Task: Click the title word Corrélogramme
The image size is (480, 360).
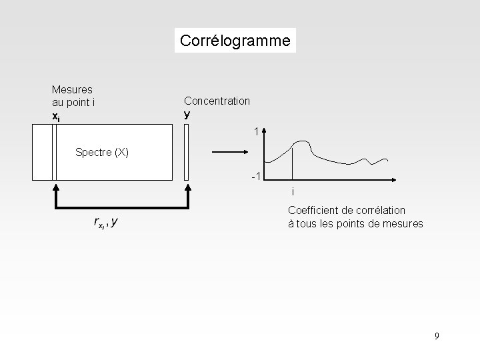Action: [235, 41]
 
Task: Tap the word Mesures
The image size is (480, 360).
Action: [72, 89]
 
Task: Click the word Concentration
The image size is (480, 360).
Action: [217, 101]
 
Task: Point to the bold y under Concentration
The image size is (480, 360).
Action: [187, 113]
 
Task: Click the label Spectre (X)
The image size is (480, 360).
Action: [102, 152]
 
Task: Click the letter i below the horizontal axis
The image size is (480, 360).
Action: [292, 192]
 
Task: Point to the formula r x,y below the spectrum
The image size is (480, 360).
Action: [106, 223]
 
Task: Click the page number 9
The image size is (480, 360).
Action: [437, 336]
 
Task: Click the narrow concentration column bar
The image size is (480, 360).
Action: [187, 152]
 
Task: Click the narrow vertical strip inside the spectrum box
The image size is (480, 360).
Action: [53, 152]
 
